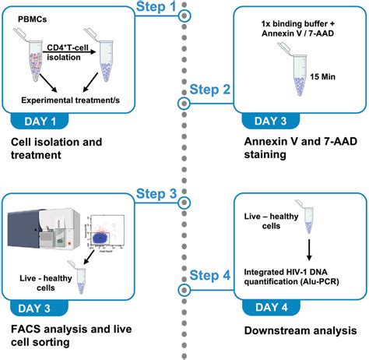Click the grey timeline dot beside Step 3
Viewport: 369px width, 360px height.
[x=184, y=193]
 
